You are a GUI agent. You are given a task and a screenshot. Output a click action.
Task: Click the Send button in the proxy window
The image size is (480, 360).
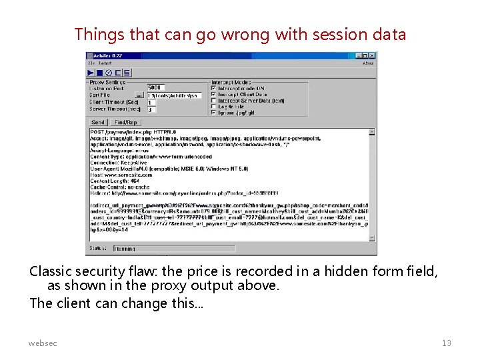98,123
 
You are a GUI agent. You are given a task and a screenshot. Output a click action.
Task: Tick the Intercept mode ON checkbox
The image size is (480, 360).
213,88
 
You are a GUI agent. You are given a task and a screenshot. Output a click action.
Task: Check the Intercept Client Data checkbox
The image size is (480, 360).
213,95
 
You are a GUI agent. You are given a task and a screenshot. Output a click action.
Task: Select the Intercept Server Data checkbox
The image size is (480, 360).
213,101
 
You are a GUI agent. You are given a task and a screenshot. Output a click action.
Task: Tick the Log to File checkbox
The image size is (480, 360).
213,107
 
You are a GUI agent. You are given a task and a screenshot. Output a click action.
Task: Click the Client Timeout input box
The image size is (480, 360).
151,103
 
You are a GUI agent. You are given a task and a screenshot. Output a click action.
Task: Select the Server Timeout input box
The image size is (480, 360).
151,109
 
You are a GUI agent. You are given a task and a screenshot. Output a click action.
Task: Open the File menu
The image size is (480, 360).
91,63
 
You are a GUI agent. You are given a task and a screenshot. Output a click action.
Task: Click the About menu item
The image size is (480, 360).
367,63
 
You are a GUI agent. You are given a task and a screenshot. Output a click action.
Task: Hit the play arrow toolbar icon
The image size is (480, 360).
91,73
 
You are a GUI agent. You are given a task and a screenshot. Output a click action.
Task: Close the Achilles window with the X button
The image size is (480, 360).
373,56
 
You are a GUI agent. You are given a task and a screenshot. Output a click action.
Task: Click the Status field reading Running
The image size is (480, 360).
173,249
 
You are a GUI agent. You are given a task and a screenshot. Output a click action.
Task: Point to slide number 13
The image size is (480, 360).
446,343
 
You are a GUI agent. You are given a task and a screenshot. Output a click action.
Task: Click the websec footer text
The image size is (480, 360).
43,343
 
